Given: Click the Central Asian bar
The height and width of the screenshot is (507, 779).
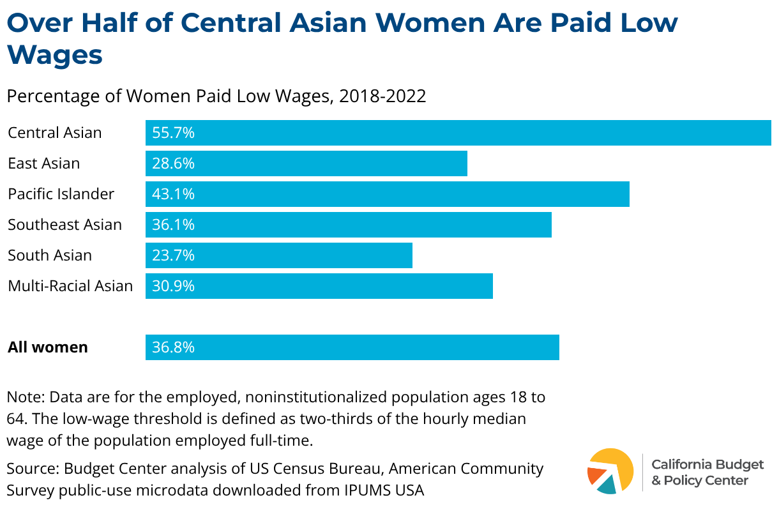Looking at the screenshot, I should [458, 133].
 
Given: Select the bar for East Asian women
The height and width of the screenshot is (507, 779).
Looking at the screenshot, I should [306, 163].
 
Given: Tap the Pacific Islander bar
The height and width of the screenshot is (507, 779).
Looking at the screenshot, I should [387, 194].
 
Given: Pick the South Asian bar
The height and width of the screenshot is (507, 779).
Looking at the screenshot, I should [279, 255].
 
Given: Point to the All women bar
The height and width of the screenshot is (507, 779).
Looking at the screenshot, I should [352, 347].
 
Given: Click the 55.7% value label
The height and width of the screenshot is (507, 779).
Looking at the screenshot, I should [173, 133].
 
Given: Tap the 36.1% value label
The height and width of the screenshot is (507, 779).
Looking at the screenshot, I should [173, 225].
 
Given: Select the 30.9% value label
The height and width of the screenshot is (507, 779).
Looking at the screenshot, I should [173, 286].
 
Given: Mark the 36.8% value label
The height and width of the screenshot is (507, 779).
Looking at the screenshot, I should [173, 347].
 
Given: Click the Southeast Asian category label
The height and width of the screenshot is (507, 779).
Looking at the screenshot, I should [64, 225].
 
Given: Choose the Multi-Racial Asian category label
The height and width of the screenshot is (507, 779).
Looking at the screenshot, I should [70, 286].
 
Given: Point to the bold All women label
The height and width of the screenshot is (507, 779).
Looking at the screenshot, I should [48, 347].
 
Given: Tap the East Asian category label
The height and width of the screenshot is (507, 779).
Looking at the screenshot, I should [44, 163].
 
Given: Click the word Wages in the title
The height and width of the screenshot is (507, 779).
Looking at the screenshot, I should [55, 55].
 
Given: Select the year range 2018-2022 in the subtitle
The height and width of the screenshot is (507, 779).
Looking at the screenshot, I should [382, 96].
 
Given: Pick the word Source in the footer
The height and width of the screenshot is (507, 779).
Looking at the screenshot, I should [32, 469].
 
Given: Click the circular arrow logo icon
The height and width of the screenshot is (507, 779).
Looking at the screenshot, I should [610, 471].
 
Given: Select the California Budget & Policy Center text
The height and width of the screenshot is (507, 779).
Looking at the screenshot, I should [699, 472].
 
